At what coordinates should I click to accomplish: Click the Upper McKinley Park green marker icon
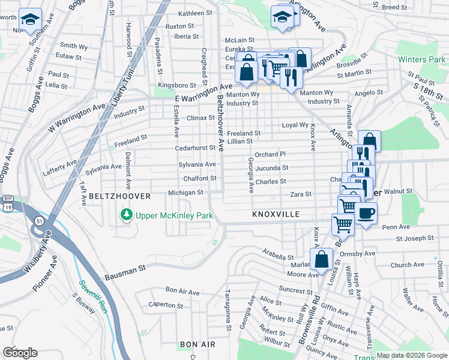[126, 214]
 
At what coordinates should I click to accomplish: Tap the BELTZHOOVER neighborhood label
[115, 196]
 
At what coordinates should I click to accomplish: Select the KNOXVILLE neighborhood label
[276, 214]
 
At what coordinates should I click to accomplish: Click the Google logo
[19, 353]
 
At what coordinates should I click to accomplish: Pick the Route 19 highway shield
[7, 206]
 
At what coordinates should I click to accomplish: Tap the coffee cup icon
[366, 213]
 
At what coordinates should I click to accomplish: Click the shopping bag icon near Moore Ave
[322, 260]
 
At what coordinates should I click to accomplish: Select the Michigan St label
[185, 193]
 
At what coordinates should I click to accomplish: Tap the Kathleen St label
[195, 13]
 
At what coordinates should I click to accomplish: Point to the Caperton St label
[161, 304]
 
